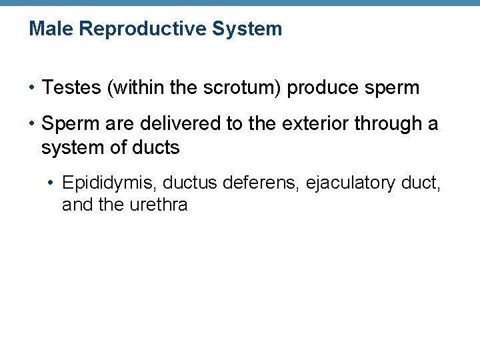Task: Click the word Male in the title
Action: (x=47, y=29)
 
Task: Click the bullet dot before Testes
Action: (x=32, y=88)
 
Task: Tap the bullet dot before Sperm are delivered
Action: (x=32, y=124)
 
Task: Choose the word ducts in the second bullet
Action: (x=156, y=147)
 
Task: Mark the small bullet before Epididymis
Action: (x=53, y=182)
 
